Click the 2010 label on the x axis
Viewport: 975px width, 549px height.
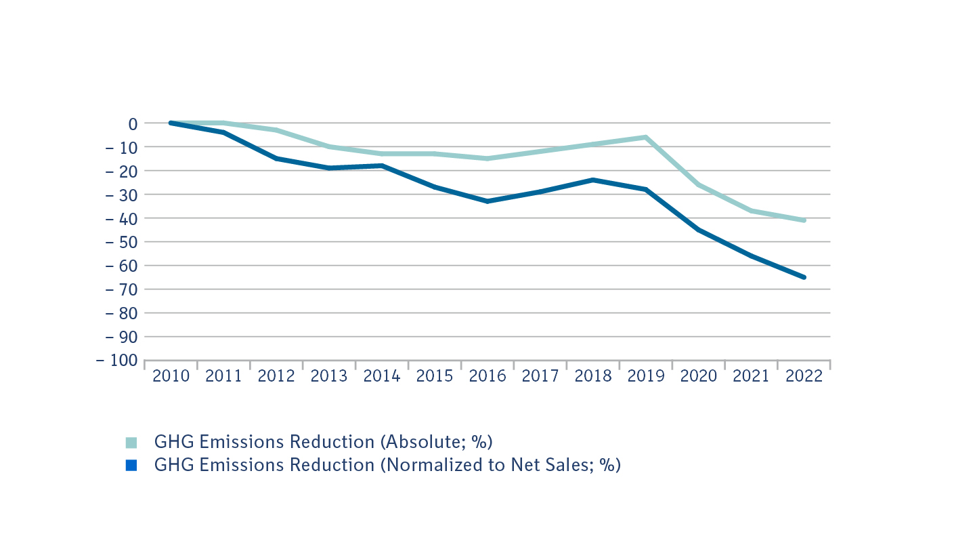171,376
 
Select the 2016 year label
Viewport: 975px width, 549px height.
487,376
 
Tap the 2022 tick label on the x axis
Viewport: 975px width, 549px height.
804,376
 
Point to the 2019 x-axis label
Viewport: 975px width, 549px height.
646,376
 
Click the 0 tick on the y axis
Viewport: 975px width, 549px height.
133,123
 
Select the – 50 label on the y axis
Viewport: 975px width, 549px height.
121,242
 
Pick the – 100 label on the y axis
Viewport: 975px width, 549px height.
117,361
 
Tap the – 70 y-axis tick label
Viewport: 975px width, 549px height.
121,289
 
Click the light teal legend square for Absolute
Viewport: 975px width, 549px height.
131,443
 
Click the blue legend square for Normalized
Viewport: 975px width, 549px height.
131,466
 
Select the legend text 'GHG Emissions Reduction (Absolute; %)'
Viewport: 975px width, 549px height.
323,442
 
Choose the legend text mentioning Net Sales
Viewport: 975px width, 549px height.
387,465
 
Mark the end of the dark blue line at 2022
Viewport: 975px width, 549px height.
804,277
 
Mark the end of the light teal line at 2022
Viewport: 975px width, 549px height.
804,220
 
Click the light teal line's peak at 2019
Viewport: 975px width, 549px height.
646,137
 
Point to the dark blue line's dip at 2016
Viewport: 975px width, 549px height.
487,201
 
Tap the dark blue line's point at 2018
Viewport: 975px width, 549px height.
593,180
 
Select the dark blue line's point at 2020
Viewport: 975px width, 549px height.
699,230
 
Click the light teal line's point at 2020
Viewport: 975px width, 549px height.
699,184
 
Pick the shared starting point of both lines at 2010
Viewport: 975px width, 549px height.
171,123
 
